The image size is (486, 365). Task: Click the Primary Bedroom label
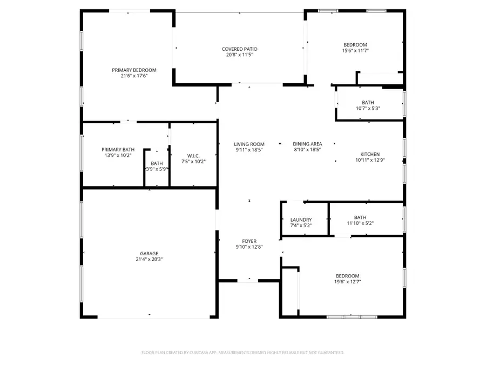pos(134,70)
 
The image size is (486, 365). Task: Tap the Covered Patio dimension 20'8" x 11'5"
pos(238,55)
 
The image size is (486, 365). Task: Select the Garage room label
pos(150,253)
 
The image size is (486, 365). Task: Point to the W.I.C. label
pos(193,155)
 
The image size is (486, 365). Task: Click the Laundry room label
pos(301,220)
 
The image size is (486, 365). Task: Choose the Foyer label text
pos(249,241)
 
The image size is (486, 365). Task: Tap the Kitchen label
pos(370,154)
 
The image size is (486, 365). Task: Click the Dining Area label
pos(307,144)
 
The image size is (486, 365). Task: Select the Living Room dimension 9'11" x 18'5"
pos(249,150)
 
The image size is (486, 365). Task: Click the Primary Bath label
pos(118,149)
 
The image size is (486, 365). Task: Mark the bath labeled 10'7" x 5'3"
pos(368,108)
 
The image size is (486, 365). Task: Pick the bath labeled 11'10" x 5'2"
pos(360,223)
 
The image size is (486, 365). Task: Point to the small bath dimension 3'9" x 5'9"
pos(157,169)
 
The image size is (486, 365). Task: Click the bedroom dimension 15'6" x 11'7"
pos(355,51)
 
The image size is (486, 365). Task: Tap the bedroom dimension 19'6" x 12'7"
pos(347,282)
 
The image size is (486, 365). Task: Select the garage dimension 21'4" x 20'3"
pos(150,259)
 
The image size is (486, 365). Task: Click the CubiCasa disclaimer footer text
pos(242,352)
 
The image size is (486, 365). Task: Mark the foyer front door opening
pos(249,280)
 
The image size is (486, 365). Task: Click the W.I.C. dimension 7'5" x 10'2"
pos(193,161)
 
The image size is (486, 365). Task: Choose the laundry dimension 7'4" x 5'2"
pos(301,225)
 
